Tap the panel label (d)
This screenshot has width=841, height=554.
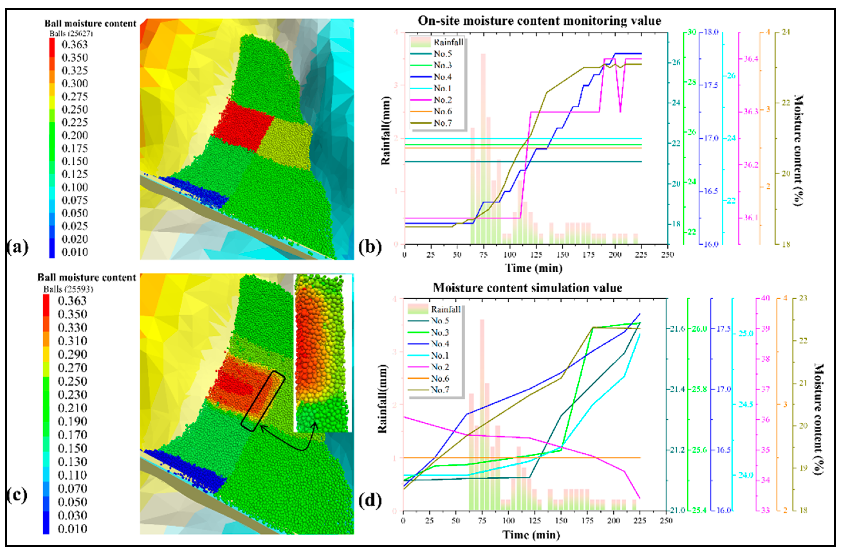coord(370,501)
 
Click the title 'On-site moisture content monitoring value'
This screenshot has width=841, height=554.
coord(539,21)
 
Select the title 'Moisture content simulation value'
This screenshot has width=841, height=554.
coord(528,288)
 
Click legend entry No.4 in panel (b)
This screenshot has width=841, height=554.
coord(442,77)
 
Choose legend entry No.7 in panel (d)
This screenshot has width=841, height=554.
coord(439,390)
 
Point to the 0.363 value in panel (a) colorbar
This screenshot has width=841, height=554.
coord(74,45)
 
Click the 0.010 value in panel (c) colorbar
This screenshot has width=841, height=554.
coord(72,529)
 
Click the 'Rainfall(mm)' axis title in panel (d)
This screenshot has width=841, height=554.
coord(382,399)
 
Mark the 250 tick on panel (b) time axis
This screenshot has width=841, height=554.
coord(667,255)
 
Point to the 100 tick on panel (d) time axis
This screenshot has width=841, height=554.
coord(508,521)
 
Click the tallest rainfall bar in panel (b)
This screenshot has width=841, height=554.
coord(483,148)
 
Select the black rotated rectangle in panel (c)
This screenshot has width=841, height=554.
coord(263,401)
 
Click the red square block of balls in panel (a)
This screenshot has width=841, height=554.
coord(243,127)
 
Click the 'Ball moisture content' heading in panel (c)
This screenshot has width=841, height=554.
coord(87,278)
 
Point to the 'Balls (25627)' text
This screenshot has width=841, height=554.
coord(71,33)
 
